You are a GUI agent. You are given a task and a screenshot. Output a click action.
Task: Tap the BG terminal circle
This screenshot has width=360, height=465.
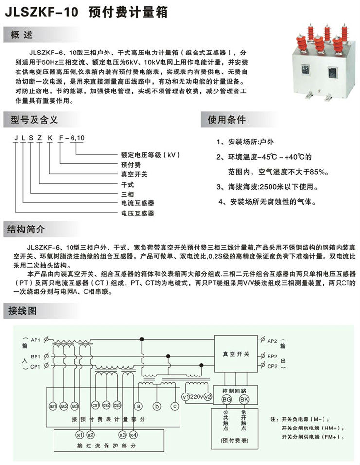(x=227, y=399)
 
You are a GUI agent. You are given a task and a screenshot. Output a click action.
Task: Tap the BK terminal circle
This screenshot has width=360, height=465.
(x=244, y=399)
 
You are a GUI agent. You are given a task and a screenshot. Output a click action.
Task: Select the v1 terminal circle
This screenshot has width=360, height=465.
(x=186, y=397)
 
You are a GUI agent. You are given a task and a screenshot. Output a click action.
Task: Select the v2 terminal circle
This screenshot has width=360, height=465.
(x=208, y=397)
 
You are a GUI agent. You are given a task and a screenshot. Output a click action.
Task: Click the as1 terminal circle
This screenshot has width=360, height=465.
(x=53, y=406)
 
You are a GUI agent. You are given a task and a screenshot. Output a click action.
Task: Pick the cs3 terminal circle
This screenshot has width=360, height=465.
(x=117, y=405)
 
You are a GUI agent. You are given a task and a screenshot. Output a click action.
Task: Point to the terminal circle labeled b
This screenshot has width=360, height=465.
(x=157, y=406)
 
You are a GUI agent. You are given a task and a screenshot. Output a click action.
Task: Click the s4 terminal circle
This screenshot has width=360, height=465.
(x=133, y=435)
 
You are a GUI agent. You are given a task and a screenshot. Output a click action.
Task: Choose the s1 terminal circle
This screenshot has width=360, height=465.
(x=80, y=435)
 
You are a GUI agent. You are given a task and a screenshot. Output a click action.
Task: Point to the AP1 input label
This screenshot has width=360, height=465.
(x=36, y=340)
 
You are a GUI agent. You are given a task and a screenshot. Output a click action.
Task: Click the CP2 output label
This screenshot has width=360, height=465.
(x=272, y=366)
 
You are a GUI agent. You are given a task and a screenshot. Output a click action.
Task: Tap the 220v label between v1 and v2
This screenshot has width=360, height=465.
(x=197, y=397)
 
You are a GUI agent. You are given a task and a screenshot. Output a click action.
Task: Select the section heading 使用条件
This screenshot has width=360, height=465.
(x=227, y=120)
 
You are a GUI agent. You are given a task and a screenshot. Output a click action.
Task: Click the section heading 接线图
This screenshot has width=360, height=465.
(x=22, y=311)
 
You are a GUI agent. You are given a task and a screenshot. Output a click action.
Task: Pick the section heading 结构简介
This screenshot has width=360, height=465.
(x=26, y=229)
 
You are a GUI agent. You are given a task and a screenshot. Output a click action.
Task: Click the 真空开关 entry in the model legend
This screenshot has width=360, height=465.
(x=134, y=174)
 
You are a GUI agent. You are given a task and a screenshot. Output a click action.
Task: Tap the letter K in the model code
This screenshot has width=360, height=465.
(x=50, y=138)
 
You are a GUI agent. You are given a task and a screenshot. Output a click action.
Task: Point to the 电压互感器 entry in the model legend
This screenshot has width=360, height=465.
(x=138, y=213)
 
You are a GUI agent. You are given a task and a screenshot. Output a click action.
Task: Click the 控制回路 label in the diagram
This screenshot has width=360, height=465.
(x=234, y=391)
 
